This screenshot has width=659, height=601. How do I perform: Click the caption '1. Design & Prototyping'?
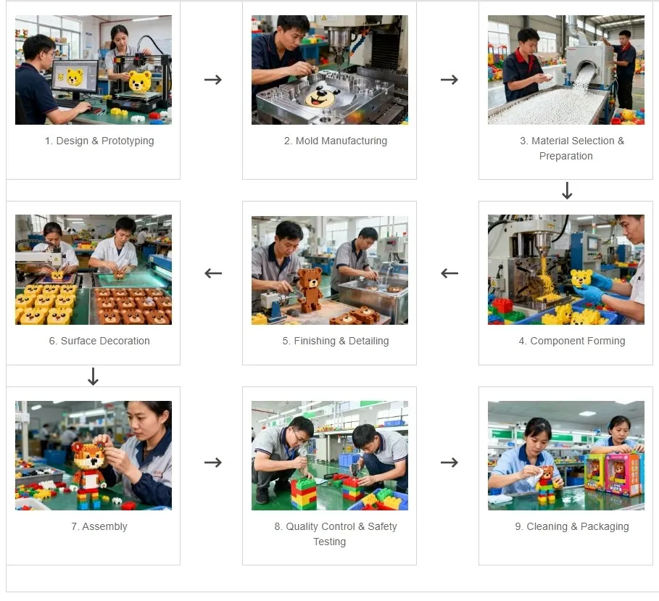tap(99, 141)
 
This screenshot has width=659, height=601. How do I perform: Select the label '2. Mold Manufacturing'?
tap(335, 141)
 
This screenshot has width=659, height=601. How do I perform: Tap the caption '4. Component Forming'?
tap(571, 341)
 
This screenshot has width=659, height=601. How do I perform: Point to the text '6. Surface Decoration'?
tap(99, 341)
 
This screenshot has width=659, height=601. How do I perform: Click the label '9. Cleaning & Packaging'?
tap(571, 526)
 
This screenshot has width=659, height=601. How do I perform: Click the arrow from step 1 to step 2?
tap(212, 79)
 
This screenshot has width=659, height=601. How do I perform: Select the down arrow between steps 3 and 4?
tap(567, 191)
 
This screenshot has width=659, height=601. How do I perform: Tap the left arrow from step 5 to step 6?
tap(212, 273)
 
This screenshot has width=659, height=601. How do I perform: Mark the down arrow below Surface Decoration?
tap(93, 376)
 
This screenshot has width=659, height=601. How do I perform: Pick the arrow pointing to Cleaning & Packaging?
tap(449, 463)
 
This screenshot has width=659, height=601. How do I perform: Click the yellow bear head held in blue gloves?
tap(582, 278)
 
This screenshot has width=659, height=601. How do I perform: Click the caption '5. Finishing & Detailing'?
tap(335, 341)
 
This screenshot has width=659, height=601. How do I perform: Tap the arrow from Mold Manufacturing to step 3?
tap(449, 79)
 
